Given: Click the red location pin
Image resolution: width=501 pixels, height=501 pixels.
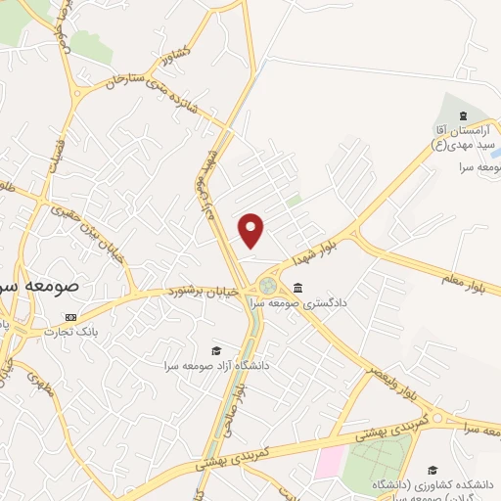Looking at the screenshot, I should [252, 231].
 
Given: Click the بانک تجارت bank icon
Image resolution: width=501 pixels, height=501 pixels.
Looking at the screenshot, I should [69, 317].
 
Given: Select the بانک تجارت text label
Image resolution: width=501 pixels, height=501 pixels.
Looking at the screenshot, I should [63, 332].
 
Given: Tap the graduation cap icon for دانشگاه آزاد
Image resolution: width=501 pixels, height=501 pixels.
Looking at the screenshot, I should [215, 350].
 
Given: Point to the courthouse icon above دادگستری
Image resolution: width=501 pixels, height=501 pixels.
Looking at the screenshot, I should [297, 288].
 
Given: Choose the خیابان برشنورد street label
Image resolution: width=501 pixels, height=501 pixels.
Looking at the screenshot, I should [203, 291].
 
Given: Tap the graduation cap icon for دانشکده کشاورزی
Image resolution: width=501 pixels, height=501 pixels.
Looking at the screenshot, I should [433, 470].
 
